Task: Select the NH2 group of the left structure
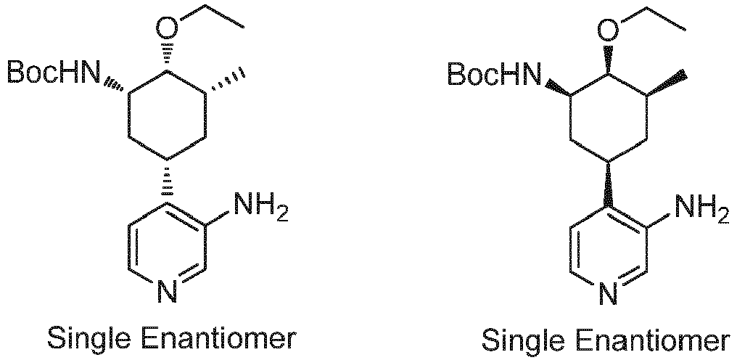(260, 209)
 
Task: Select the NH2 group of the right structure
(701, 209)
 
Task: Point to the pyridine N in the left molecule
(167, 292)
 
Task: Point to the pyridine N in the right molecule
(608, 294)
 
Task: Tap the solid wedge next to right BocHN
(556, 88)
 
